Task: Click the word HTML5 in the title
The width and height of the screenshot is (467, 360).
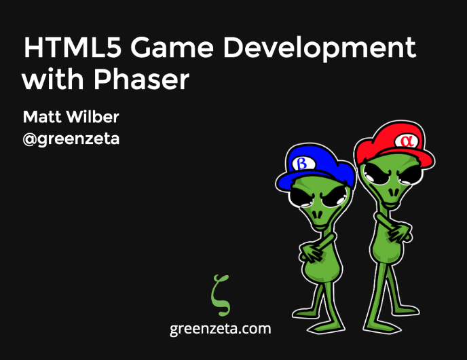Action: [73, 48]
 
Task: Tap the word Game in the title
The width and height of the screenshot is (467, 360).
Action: [172, 48]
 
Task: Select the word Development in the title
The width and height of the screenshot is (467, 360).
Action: [320, 49]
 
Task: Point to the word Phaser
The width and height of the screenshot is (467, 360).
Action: [142, 79]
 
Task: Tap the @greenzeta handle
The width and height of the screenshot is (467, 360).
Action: [71, 139]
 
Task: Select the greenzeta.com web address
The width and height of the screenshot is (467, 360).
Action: [221, 329]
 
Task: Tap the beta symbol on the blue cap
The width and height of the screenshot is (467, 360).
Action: [302, 163]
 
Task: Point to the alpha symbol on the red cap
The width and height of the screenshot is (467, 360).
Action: [405, 141]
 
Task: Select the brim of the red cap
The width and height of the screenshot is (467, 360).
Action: [417, 158]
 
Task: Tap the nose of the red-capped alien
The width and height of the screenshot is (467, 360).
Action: [394, 192]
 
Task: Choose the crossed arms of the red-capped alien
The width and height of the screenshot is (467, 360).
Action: [394, 228]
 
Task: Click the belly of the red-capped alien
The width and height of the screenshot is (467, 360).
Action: [387, 251]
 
